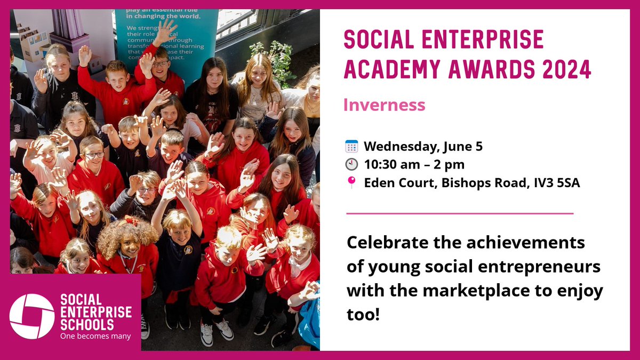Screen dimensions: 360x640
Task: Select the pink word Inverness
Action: pos(384,105)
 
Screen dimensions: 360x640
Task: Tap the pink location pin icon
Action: pos(351,183)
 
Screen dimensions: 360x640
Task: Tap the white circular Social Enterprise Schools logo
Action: pos(32,316)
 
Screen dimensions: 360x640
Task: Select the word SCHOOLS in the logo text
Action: pos(87,324)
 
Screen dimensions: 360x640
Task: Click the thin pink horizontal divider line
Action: pos(460,213)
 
